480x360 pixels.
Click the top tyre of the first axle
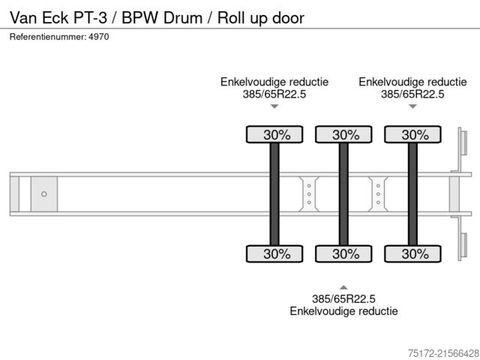[274, 135]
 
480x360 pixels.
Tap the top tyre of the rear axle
[412, 135]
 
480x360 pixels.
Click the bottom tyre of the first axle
[274, 253]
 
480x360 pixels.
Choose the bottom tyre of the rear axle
[412, 253]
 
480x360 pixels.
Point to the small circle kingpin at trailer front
[44, 194]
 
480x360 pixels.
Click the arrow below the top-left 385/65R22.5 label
[274, 106]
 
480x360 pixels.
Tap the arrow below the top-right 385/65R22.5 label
[412, 106]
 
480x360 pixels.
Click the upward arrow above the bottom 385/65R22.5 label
[343, 286]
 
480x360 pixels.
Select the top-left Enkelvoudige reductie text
[274, 82]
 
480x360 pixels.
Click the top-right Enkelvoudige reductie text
[412, 82]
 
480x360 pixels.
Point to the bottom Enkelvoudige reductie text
[343, 310]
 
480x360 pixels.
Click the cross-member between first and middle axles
[309, 194]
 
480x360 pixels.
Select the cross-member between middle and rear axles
[378, 194]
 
